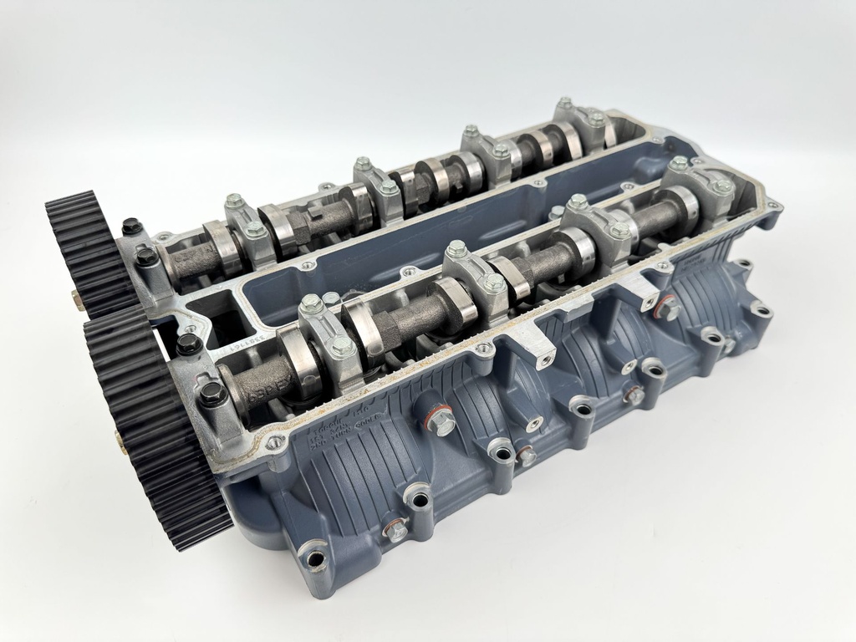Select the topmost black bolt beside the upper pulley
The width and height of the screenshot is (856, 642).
(x=130, y=226)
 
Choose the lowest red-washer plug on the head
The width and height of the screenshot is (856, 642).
(x=395, y=528)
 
